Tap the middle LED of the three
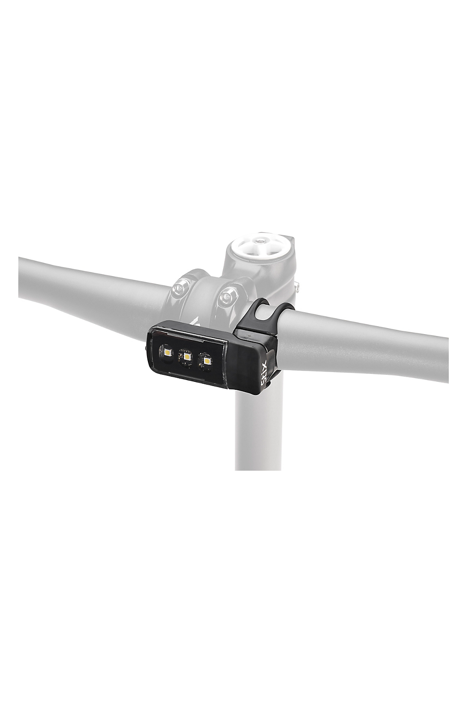pyautogui.click(x=187, y=357)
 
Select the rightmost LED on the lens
pyautogui.click(x=206, y=361)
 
